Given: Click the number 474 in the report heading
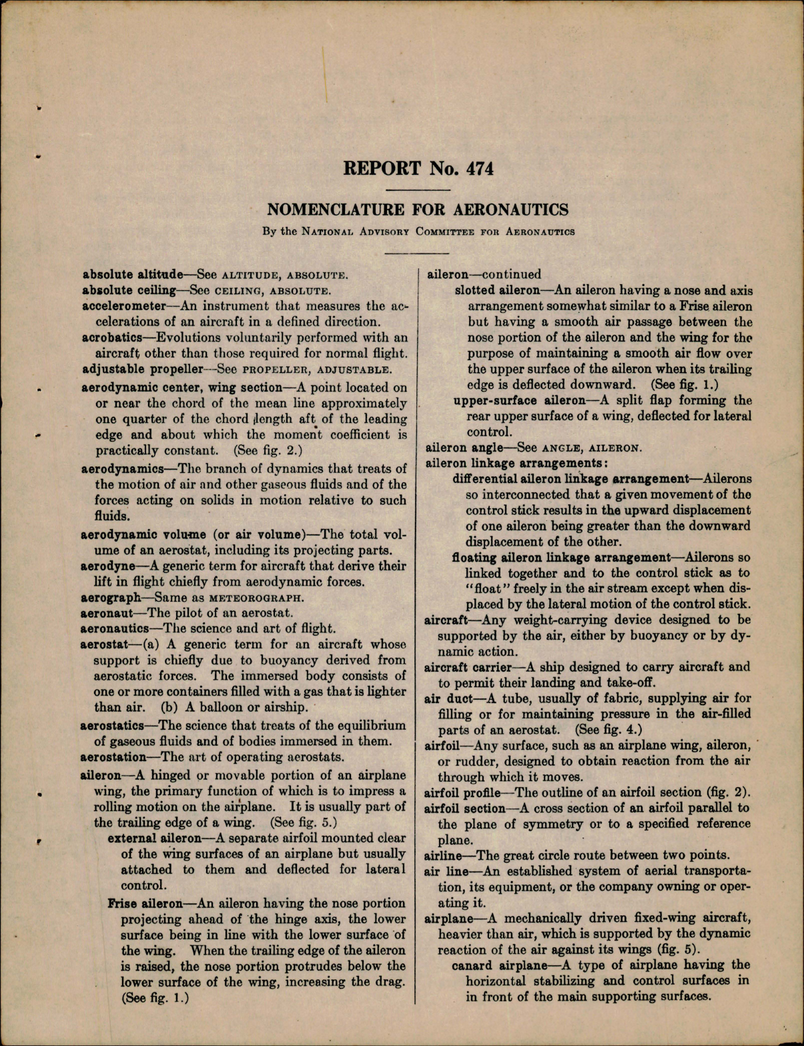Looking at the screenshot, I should click(x=477, y=168).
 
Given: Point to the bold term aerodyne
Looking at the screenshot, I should click(x=104, y=566).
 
